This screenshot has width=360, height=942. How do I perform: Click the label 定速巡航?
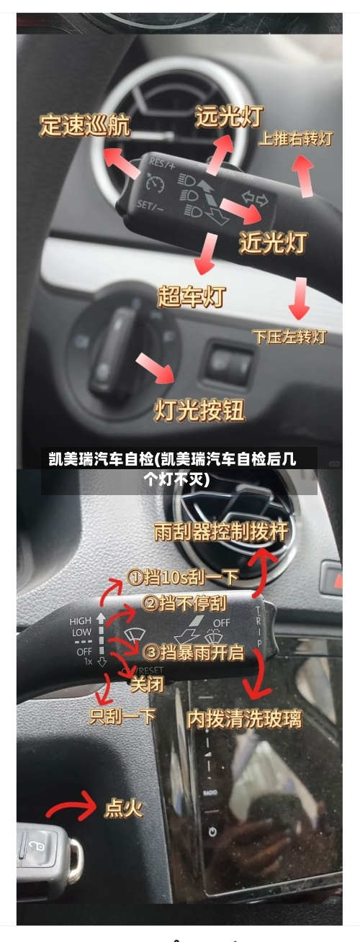pyautogui.click(x=84, y=127)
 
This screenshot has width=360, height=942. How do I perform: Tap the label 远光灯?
pyautogui.click(x=229, y=117)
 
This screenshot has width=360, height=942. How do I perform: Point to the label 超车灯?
pyautogui.click(x=191, y=296)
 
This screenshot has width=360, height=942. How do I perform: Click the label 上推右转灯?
pyautogui.click(x=295, y=138)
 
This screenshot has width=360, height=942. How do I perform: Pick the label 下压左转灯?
pyautogui.click(x=289, y=336)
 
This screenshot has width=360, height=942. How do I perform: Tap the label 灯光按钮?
pyautogui.click(x=199, y=409)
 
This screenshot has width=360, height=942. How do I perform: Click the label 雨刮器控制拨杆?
pyautogui.click(x=220, y=532)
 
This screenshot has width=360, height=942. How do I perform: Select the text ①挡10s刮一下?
pyautogui.click(x=183, y=576)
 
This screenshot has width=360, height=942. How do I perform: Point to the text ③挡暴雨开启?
pyautogui.click(x=194, y=653)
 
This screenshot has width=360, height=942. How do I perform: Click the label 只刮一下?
pyautogui.click(x=122, y=716)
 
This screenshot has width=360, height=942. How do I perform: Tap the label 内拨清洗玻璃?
pyautogui.click(x=244, y=718)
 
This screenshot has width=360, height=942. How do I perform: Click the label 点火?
pyautogui.click(x=124, y=808)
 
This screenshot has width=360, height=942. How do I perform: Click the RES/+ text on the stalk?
pyautogui.click(x=161, y=165)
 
